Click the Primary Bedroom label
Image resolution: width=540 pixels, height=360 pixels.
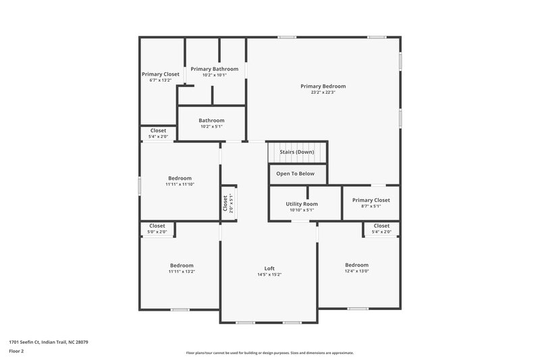click(x=323, y=86)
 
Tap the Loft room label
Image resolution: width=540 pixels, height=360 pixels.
click(x=269, y=268)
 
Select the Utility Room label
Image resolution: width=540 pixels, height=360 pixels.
click(x=302, y=204)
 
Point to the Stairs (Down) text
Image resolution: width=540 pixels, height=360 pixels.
click(x=297, y=152)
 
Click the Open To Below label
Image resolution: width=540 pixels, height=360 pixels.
click(x=296, y=174)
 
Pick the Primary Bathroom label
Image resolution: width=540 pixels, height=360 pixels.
click(x=214, y=69)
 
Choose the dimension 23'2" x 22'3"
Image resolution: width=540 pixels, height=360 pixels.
click(x=323, y=93)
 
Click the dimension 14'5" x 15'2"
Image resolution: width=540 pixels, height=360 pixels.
click(x=269, y=275)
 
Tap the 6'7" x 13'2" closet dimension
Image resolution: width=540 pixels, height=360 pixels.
click(x=160, y=80)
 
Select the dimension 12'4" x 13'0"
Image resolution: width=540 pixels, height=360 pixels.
click(x=356, y=272)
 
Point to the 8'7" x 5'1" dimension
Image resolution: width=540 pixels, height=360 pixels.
click(x=371, y=207)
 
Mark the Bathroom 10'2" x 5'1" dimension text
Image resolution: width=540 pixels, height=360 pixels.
click(x=211, y=126)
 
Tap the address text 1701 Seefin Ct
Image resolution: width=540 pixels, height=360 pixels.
click(x=48, y=342)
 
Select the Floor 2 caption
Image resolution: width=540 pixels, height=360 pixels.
click(x=16, y=351)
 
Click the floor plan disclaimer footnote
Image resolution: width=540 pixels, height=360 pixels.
click(x=269, y=353)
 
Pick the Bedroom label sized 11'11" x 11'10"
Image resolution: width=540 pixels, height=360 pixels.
click(x=180, y=178)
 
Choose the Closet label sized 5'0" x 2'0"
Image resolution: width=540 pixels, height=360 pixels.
click(x=157, y=226)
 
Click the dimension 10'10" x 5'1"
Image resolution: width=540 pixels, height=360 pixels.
click(x=302, y=210)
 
